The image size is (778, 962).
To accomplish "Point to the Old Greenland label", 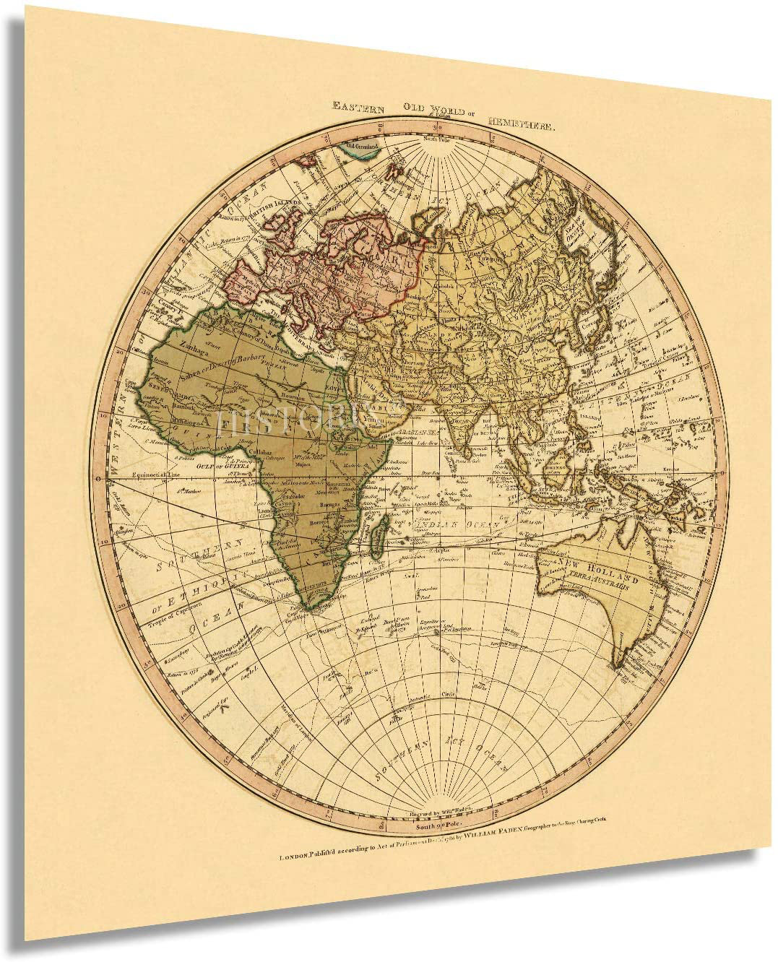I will click(363, 146).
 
